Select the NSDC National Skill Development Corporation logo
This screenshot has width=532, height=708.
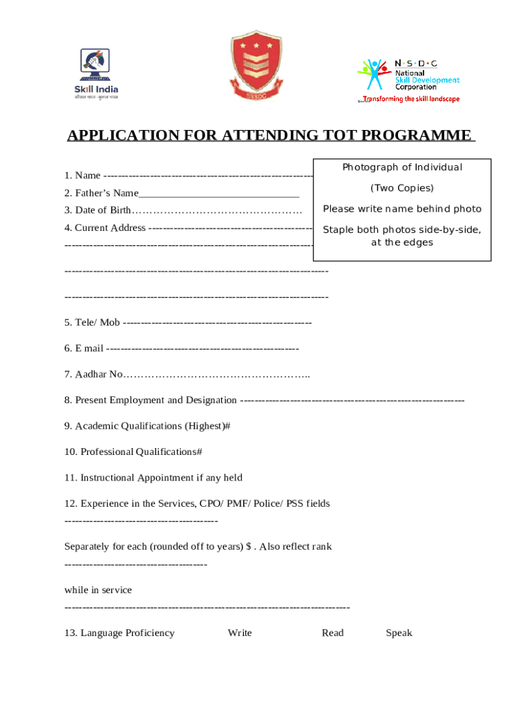(408, 75)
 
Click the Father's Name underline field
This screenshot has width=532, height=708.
(219, 194)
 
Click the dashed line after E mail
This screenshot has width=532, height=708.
(203, 348)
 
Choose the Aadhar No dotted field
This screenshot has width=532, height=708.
(216, 375)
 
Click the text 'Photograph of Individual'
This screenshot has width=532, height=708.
(402, 167)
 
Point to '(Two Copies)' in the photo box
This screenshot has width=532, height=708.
(402, 188)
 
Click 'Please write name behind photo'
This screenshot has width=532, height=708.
(402, 209)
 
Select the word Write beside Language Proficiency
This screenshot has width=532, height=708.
(240, 633)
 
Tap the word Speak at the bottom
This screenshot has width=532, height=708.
(399, 633)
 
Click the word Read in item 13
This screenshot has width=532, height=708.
(332, 633)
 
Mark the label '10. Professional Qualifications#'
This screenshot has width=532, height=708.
(133, 452)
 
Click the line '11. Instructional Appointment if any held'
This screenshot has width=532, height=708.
(153, 478)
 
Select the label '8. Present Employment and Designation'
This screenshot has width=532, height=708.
(151, 400)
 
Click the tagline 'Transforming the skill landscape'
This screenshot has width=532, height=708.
(410, 99)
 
